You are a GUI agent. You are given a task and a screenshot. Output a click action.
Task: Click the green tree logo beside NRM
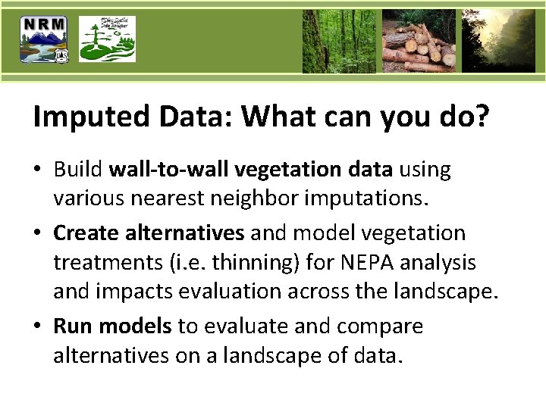[107, 39]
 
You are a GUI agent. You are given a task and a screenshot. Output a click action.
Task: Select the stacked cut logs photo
[419, 41]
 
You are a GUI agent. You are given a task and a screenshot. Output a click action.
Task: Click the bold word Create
[83, 233]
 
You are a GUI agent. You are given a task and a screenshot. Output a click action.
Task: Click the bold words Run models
[112, 326]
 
